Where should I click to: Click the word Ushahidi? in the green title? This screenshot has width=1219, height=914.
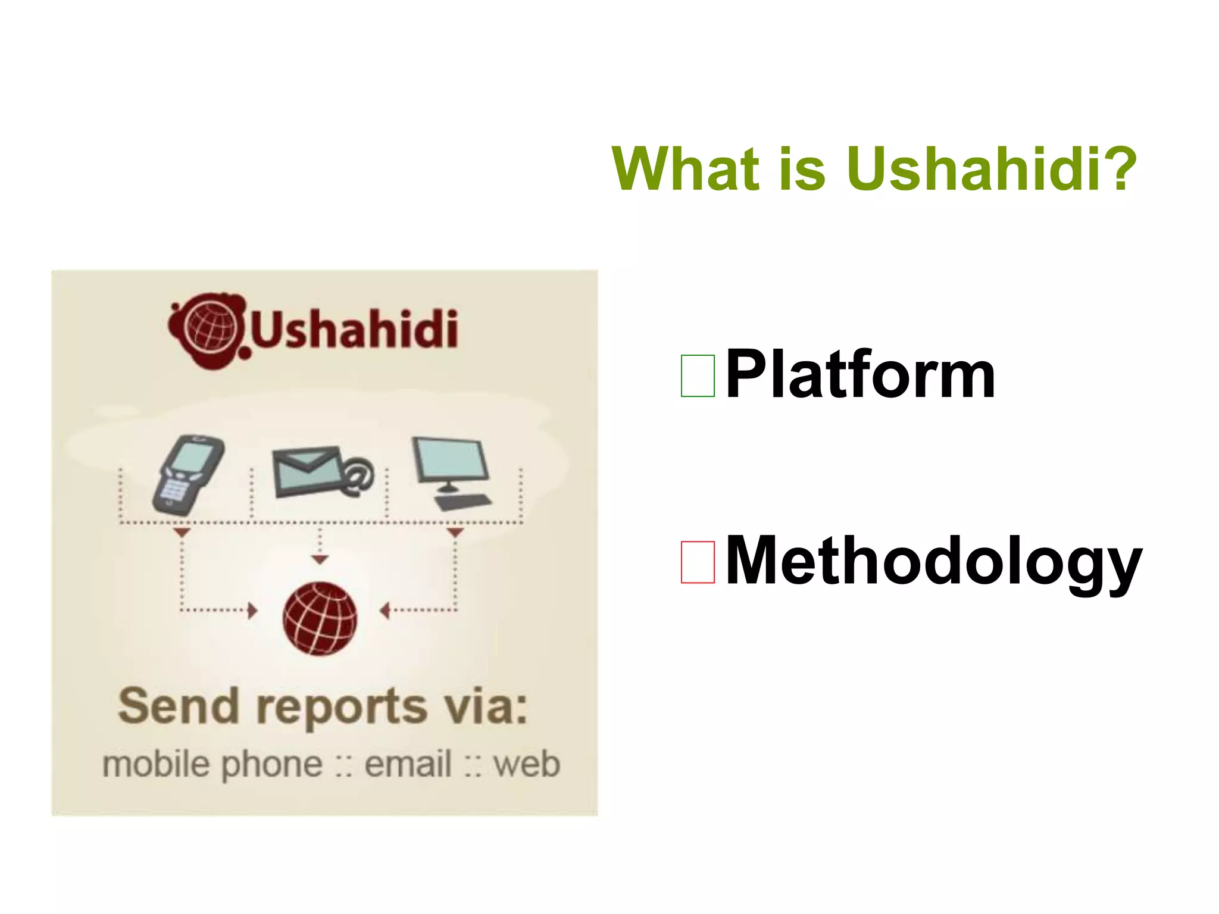click(x=991, y=170)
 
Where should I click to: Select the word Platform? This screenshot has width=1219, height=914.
click(x=859, y=375)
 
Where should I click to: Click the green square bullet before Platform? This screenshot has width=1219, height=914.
click(x=698, y=375)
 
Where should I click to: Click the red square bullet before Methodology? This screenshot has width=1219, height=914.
click(x=698, y=562)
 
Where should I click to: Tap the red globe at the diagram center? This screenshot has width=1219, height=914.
click(x=320, y=619)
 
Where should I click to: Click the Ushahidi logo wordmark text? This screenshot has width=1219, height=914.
click(x=355, y=330)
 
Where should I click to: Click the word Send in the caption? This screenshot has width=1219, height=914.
click(x=178, y=706)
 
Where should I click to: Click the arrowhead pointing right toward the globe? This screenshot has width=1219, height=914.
click(x=252, y=611)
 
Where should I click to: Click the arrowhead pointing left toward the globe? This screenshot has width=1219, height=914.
click(x=385, y=611)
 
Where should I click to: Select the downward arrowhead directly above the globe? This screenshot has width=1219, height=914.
click(x=320, y=560)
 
